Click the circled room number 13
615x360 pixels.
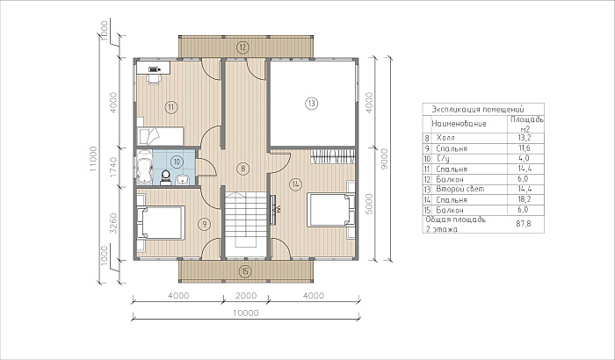pos(311,104)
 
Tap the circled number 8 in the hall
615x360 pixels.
pos(243,169)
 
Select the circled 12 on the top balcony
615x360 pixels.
pos(242,47)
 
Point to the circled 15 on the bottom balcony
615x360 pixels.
pos(245,271)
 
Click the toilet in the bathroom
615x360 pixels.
pos(165,177)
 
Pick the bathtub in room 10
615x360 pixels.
pos(144,167)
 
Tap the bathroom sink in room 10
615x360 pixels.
pos(183,179)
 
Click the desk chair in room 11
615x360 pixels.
pos(154,78)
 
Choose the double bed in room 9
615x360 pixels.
pos(160,222)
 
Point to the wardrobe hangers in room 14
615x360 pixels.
pos(333,157)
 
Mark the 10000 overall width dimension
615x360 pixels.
pos(245,313)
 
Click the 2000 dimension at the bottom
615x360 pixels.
pos(246,295)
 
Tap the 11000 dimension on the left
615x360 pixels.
pos(93,159)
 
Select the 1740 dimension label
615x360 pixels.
pos(113,168)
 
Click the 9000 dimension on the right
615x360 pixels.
pos(384,159)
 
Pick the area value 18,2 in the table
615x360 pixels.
pos(525,199)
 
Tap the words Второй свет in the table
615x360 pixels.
pos(460,189)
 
